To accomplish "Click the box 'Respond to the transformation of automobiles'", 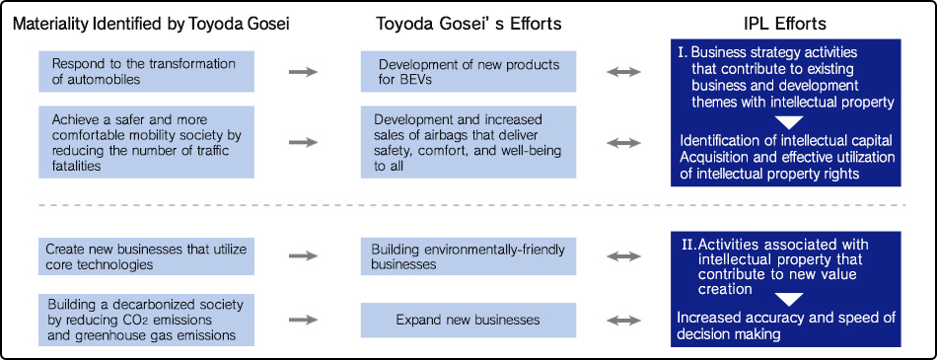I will [146, 71].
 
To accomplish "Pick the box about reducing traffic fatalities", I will [146, 143].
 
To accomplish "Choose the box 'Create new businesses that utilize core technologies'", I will [146, 255].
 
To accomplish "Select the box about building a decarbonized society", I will [146, 320].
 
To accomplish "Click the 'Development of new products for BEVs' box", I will [468, 71].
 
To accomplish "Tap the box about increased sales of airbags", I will [468, 143].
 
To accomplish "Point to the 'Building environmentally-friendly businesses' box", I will [468, 255].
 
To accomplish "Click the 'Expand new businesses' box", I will [468, 320].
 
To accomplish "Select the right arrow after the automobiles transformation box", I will [305, 71].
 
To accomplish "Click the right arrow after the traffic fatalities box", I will [305, 143].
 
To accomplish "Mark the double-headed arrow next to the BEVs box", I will [622, 71].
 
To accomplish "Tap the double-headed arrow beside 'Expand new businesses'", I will [622, 320].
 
